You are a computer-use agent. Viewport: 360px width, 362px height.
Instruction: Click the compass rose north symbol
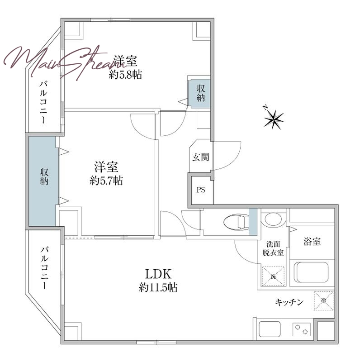[x=274, y=119]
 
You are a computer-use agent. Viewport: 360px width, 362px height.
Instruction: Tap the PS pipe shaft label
[x=201, y=190]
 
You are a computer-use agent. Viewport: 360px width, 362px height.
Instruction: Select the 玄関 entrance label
[x=200, y=157]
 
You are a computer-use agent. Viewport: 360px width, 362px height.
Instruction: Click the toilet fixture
[x=237, y=222]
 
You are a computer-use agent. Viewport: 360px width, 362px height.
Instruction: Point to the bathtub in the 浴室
[x=312, y=272]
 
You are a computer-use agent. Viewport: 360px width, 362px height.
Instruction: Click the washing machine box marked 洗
[x=273, y=276]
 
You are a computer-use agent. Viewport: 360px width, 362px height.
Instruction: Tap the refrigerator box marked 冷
[x=324, y=300]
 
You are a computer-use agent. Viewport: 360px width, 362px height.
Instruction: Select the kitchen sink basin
[x=270, y=329]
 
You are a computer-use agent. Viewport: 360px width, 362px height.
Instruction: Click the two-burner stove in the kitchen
[x=301, y=329]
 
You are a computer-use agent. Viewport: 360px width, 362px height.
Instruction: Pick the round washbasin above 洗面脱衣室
[x=273, y=219]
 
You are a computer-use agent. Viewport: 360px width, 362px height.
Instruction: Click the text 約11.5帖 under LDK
[x=158, y=288]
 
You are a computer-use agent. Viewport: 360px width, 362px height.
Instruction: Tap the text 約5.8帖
[x=125, y=74]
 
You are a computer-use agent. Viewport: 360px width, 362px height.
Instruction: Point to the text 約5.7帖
[x=106, y=180]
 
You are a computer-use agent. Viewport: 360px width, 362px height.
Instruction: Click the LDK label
[x=158, y=274]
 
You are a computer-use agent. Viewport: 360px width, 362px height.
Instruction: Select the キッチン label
[x=289, y=302]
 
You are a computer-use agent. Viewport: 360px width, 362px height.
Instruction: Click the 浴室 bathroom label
[x=312, y=242]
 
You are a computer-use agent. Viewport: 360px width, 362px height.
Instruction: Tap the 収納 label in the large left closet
[x=44, y=176]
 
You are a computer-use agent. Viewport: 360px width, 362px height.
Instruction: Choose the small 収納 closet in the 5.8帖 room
[x=199, y=94]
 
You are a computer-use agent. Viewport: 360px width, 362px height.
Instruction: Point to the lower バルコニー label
[x=44, y=268]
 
